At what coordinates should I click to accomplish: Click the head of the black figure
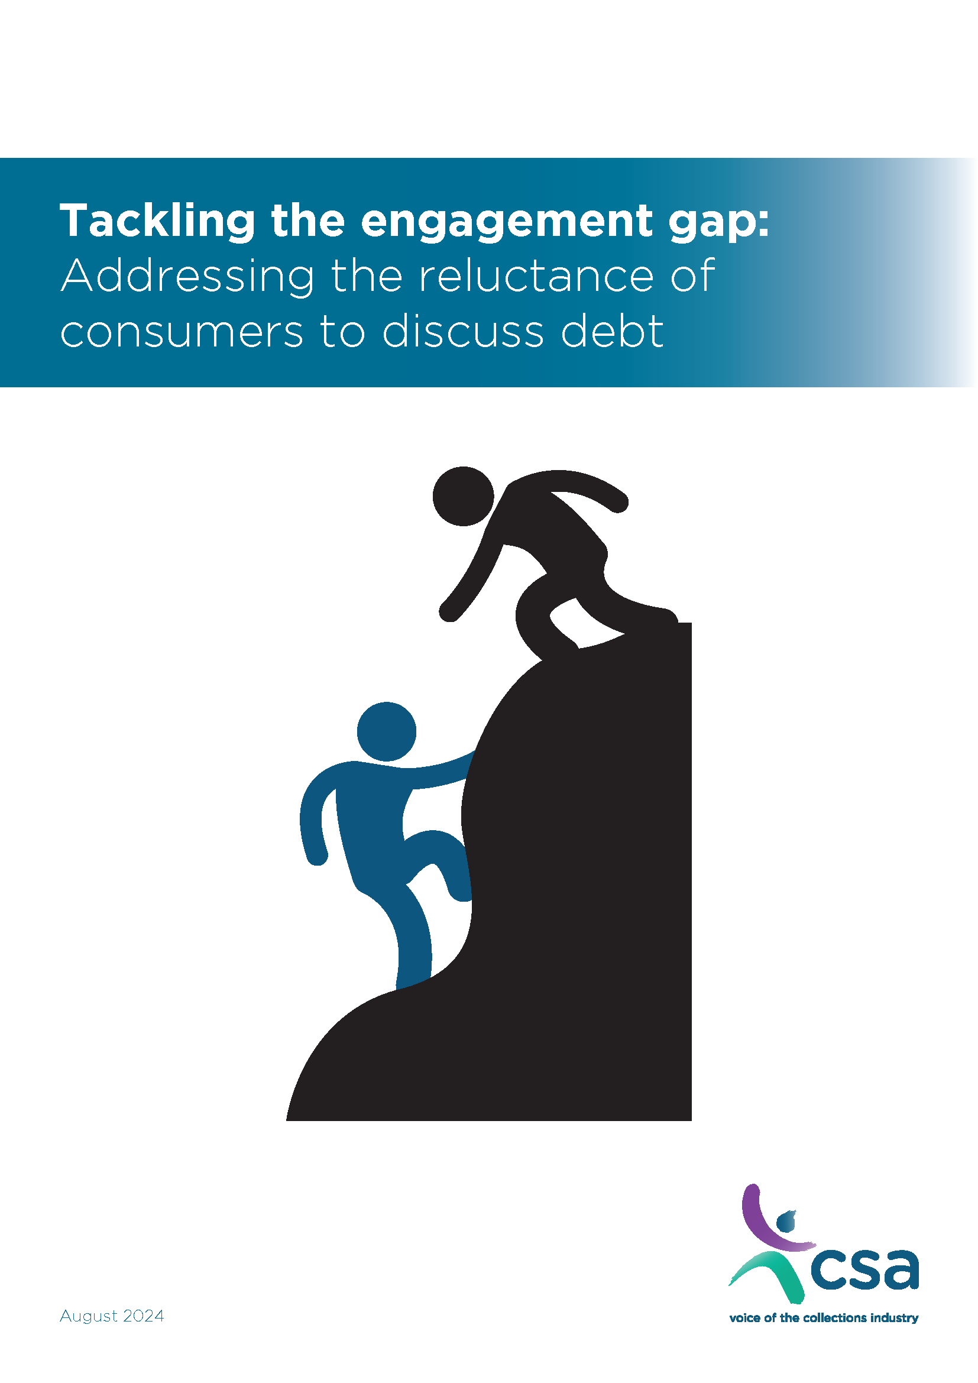click(x=463, y=495)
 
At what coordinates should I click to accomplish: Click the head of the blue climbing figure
click(x=387, y=731)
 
